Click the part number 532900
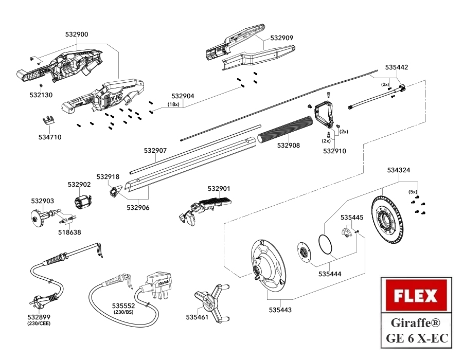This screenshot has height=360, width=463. click(77, 34)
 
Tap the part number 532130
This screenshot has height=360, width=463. click(41, 95)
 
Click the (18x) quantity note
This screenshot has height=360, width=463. click(173, 104)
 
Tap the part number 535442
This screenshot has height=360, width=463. click(397, 67)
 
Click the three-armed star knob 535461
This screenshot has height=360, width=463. click(211, 303)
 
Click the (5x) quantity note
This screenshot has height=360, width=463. click(413, 191)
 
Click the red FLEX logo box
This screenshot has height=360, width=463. click(416, 296)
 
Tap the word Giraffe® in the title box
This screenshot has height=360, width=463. click(416, 322)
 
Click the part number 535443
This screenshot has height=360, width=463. click(280, 310)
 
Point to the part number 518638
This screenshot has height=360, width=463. click(69, 232)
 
